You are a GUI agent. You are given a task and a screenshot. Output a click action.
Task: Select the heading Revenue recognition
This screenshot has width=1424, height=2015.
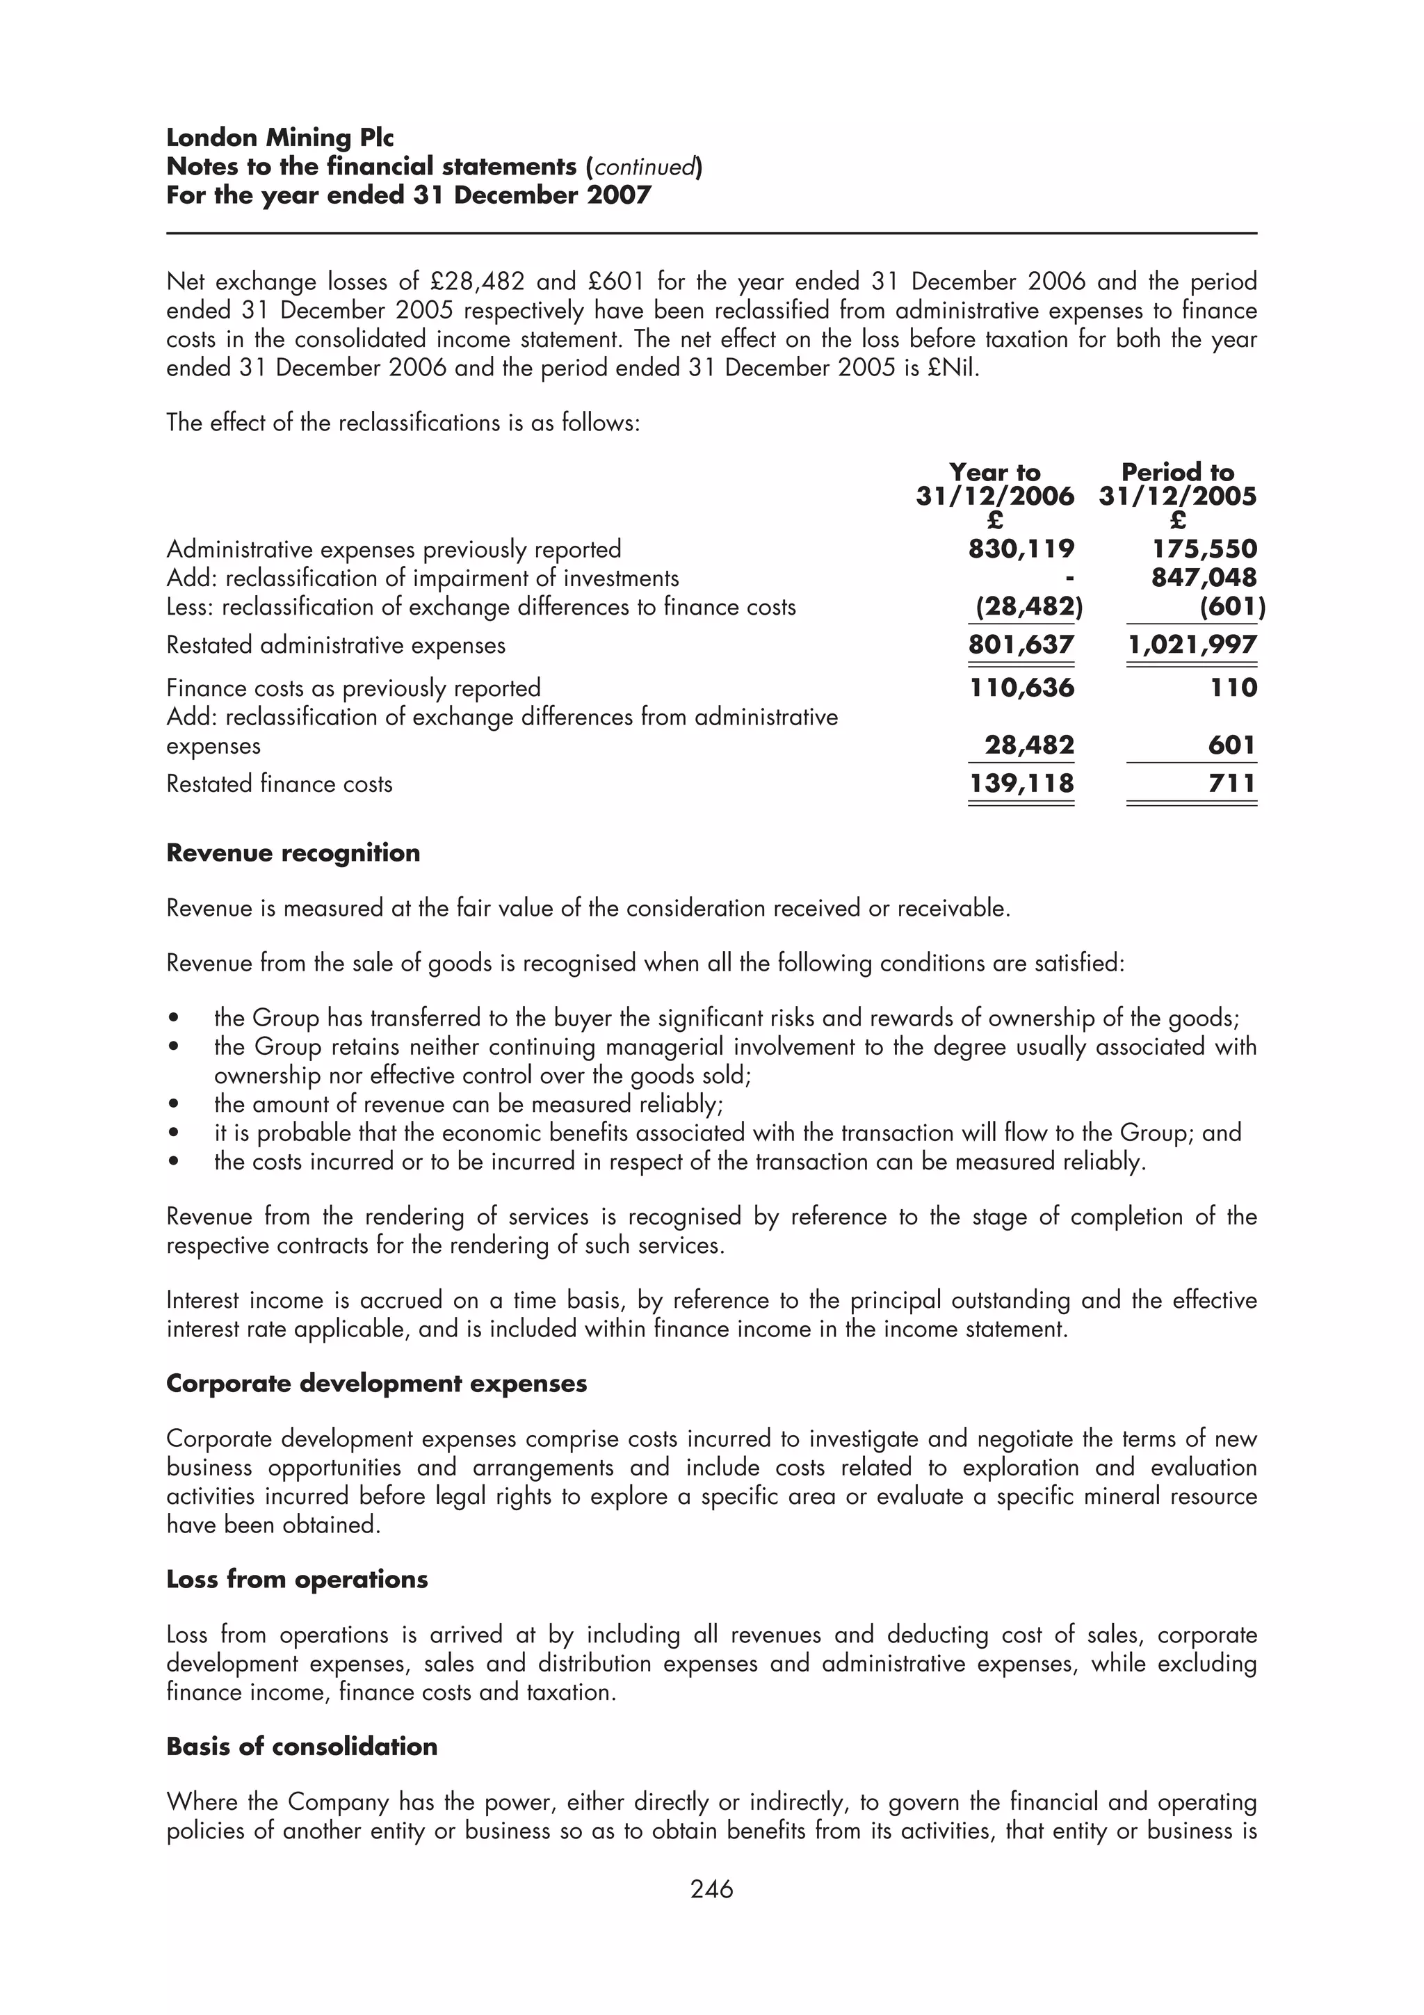[293, 853]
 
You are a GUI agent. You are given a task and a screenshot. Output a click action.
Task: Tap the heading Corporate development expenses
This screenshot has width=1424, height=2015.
[376, 1384]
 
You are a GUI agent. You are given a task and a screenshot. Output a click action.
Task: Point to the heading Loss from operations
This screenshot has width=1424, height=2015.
[297, 1580]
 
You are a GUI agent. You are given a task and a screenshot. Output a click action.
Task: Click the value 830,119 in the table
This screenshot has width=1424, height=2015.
[1021, 549]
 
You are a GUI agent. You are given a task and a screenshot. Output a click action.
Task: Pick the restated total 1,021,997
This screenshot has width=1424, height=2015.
[1192, 645]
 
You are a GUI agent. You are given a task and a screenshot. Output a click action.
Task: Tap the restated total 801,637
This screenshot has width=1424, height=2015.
[1021, 645]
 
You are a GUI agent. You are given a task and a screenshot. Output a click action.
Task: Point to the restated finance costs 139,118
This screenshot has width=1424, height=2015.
[1021, 783]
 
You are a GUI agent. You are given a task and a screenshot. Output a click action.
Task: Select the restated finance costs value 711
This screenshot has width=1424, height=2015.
[1232, 783]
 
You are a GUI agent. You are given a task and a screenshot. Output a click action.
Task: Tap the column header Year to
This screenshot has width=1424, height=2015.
[994, 473]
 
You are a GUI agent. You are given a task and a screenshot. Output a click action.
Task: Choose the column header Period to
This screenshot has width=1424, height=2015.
[1177, 473]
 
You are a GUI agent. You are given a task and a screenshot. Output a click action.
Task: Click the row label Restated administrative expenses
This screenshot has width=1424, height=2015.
[336, 646]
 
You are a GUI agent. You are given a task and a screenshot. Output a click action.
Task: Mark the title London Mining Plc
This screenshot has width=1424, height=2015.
[280, 138]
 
